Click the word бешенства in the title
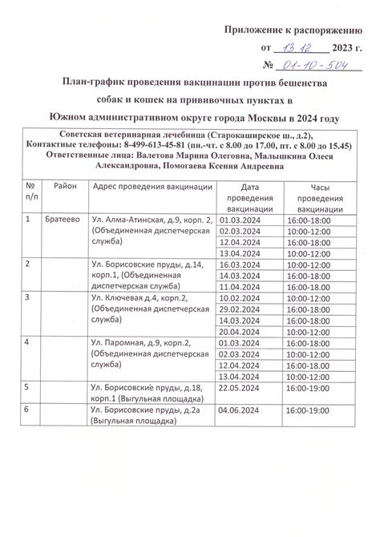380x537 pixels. pos(301,83)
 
